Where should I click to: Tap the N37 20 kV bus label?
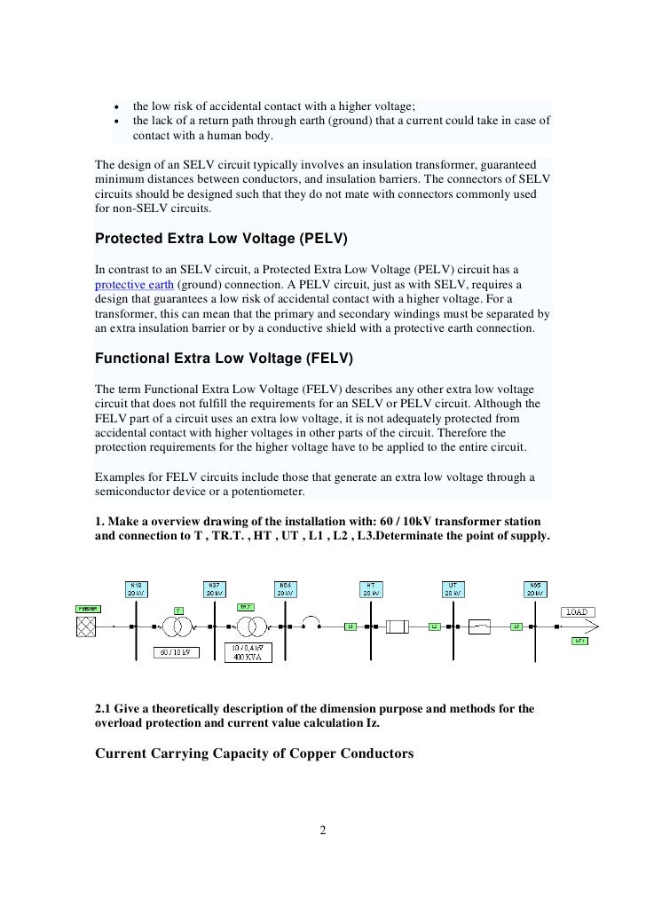pos(214,589)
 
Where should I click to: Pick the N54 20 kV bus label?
pos(284,589)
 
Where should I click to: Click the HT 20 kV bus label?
pos(370,589)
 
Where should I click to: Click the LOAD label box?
pos(579,612)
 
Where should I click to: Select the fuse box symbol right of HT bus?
pos(395,626)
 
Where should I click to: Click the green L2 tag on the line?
pos(435,626)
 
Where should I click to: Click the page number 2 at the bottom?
pos(323,831)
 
